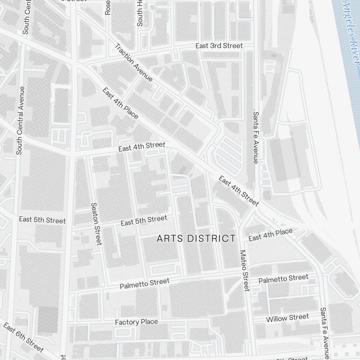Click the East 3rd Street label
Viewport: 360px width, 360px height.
219,46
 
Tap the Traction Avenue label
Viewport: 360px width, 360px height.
134,63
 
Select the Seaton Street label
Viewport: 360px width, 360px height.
96,224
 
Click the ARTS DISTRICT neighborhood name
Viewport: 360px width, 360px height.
196,238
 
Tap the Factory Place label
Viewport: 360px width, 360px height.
136,322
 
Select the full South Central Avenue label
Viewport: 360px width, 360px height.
21,121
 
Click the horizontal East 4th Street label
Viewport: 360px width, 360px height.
142,147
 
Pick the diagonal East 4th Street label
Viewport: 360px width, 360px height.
238,191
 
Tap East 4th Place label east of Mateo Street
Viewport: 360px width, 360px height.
270,235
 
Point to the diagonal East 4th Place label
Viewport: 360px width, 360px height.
120,103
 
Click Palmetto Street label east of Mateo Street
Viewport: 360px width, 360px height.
283,278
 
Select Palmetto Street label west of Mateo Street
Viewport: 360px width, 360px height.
144,283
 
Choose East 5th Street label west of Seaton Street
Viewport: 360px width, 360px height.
42,220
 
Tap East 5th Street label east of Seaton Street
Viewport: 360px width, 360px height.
144,220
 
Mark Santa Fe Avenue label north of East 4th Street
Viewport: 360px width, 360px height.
256,138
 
